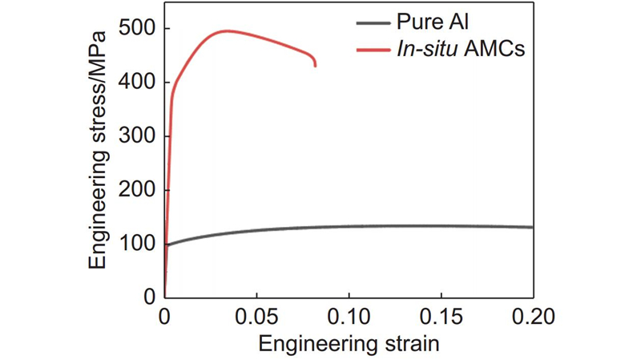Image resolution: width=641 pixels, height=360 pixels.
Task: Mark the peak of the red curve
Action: (x=227, y=31)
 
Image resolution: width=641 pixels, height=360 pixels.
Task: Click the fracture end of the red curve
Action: (x=315, y=66)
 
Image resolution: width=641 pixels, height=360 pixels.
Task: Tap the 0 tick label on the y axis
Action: (x=149, y=297)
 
